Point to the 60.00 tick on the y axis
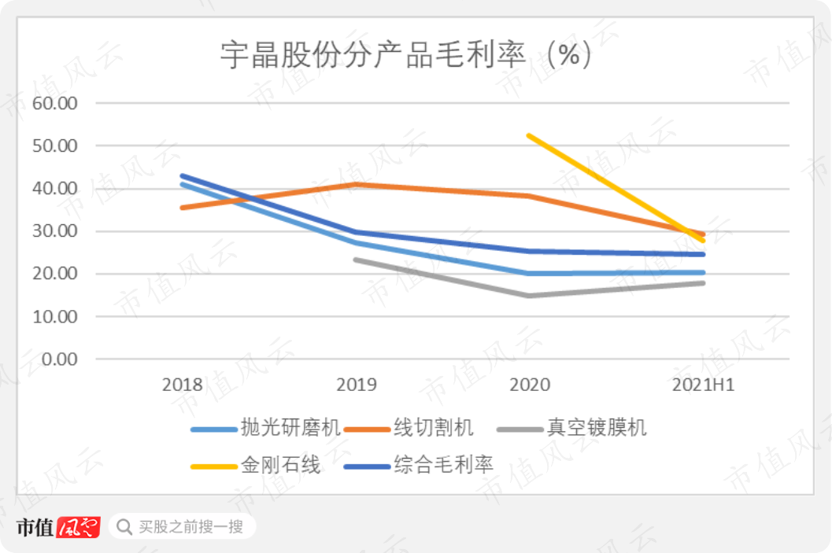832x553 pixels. point(54,103)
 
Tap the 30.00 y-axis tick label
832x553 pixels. point(54,231)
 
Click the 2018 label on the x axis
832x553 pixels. point(182,385)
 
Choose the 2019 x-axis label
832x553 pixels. point(356,385)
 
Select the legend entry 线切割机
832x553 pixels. point(434,428)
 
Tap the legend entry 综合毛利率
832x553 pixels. point(443,465)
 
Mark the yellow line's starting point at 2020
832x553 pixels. point(530,135)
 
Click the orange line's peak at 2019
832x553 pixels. point(356,184)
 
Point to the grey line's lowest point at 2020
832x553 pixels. point(530,296)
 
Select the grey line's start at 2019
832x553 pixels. point(356,259)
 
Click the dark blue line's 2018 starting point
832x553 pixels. point(182,176)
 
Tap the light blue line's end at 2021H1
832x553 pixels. point(703,272)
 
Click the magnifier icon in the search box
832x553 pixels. point(124,525)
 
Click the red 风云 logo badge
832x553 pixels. point(80,525)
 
